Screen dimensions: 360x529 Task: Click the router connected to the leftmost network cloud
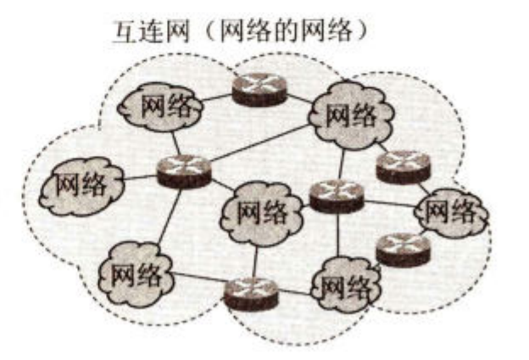click(183, 171)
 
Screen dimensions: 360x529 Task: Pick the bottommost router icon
click(251, 293)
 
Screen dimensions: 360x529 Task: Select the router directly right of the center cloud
click(336, 197)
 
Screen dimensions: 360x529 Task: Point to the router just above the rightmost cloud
click(404, 166)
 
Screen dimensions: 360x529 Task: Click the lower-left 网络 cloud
click(136, 273)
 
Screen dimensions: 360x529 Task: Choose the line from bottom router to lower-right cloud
click(295, 292)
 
